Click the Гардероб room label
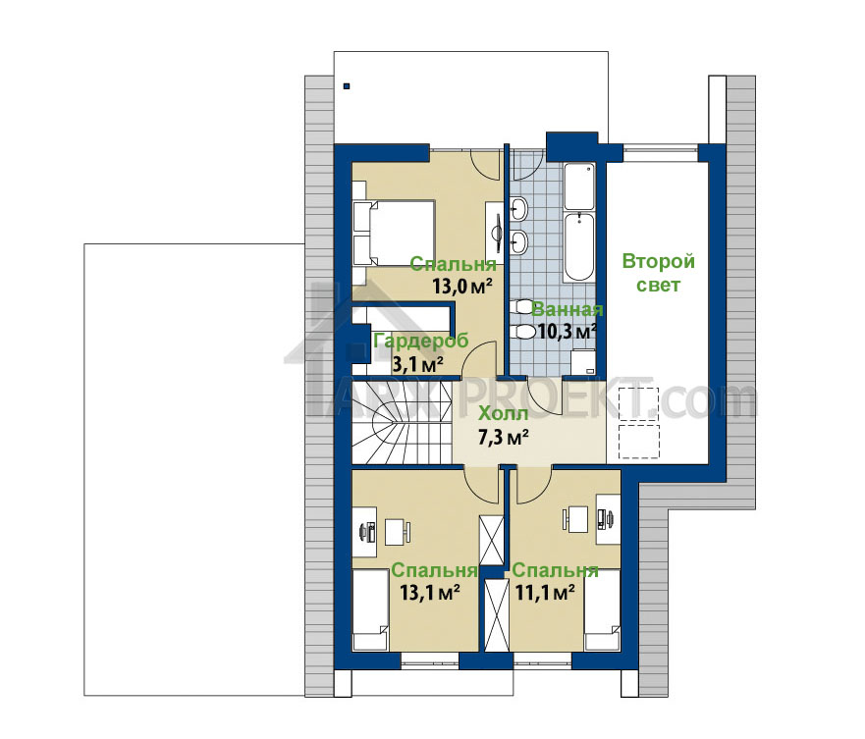(x=421, y=342)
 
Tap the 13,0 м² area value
(x=461, y=287)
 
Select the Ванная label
(x=568, y=310)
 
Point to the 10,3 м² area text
(x=568, y=332)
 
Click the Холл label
(x=503, y=413)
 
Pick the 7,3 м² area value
(x=503, y=438)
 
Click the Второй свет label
(x=658, y=273)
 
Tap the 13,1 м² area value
(x=430, y=593)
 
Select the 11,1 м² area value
(x=545, y=593)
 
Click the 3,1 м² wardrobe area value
(x=417, y=364)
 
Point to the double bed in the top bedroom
(x=395, y=234)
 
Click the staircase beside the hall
(x=403, y=422)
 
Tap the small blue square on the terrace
(x=347, y=86)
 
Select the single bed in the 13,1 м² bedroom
(x=371, y=610)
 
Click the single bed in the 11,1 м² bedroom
(x=603, y=610)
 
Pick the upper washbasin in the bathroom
(x=519, y=210)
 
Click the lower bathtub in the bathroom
(x=579, y=247)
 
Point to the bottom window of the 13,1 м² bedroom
(x=430, y=660)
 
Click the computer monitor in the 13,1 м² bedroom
(x=363, y=532)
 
